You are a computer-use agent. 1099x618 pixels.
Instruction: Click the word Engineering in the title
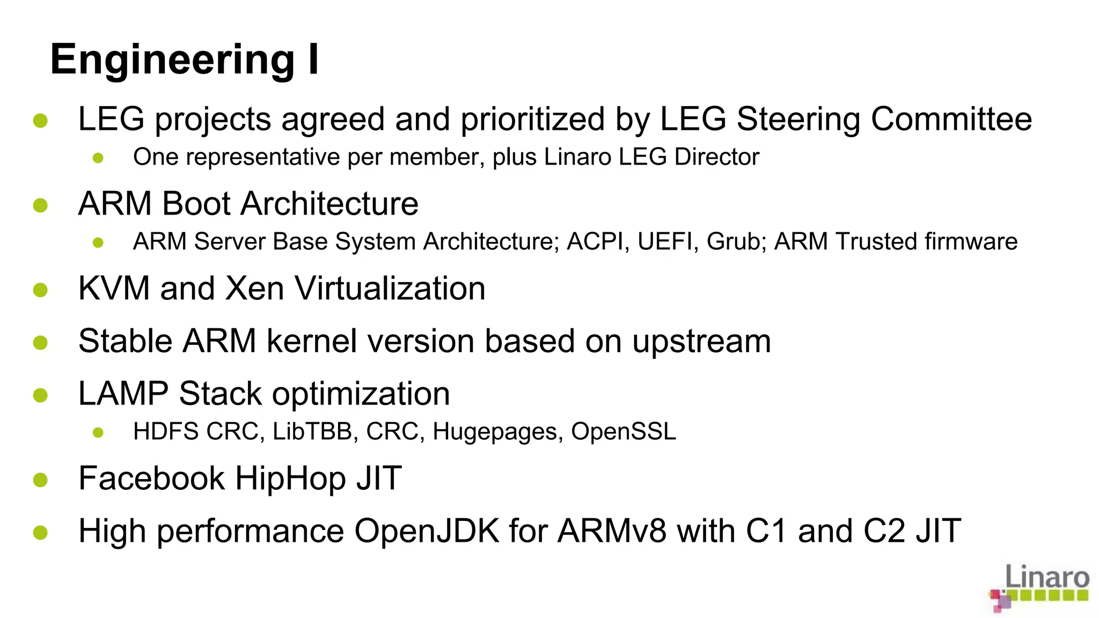(172, 61)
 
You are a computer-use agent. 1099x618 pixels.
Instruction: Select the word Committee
(951, 119)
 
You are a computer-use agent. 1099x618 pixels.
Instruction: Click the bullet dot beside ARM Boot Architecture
(40, 205)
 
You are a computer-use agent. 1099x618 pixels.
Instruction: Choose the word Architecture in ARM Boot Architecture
(329, 204)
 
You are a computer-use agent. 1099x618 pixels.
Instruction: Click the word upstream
(701, 342)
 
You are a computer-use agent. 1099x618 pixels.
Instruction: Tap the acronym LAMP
(123, 394)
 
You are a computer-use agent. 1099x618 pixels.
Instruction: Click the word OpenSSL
(623, 431)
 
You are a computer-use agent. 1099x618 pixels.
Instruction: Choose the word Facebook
(151, 478)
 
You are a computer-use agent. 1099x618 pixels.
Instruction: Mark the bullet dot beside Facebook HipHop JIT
(40, 480)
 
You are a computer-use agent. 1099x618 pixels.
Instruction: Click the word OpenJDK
(427, 531)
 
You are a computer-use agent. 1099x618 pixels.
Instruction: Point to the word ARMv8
(612, 531)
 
